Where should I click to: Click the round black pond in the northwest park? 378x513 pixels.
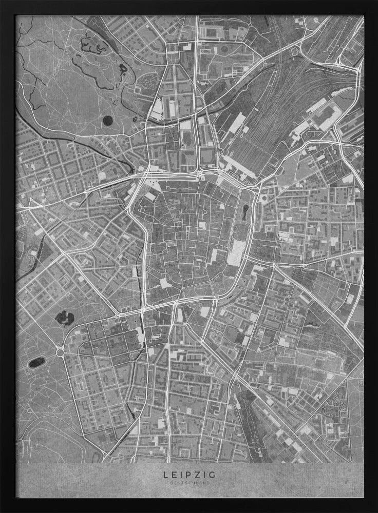click(x=107, y=121)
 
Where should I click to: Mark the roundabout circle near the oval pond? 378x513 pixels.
click(x=60, y=353)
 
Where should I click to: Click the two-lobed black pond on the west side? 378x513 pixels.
click(x=65, y=318)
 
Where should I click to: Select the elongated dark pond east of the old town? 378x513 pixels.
click(x=247, y=211)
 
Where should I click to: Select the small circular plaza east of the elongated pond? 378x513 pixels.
click(x=263, y=199)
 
